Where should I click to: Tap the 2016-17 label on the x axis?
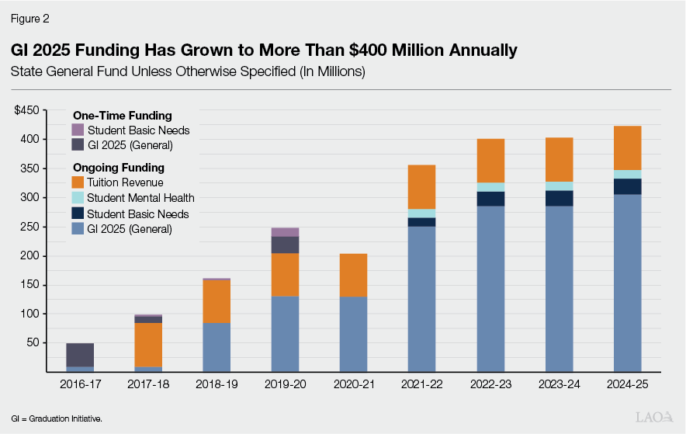pyautogui.click(x=80, y=384)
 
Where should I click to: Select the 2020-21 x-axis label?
pyautogui.click(x=353, y=384)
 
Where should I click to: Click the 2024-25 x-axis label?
pyautogui.click(x=626, y=384)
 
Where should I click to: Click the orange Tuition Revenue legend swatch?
pyautogui.click(x=78, y=182)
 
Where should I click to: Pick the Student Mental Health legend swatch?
pyautogui.click(x=78, y=198)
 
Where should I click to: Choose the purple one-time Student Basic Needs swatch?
pyautogui.click(x=78, y=130)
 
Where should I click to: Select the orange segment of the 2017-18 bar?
pyautogui.click(x=148, y=345)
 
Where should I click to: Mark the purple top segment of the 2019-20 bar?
pyautogui.click(x=285, y=232)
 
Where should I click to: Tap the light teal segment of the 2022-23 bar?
pyautogui.click(x=490, y=187)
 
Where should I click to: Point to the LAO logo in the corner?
pyautogui.click(x=653, y=417)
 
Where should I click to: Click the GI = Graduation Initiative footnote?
pyautogui.click(x=57, y=418)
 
